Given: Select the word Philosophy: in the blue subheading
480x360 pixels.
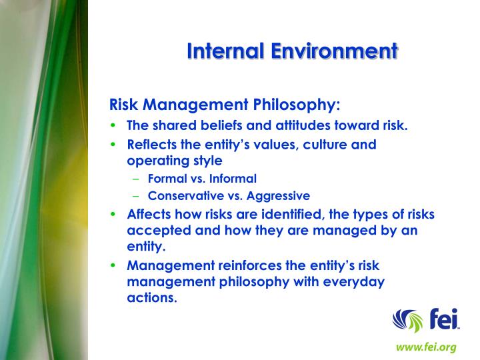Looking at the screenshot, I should (x=297, y=105).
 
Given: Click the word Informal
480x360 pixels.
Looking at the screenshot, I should (x=233, y=179).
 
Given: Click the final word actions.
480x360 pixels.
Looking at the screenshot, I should (x=152, y=297).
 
